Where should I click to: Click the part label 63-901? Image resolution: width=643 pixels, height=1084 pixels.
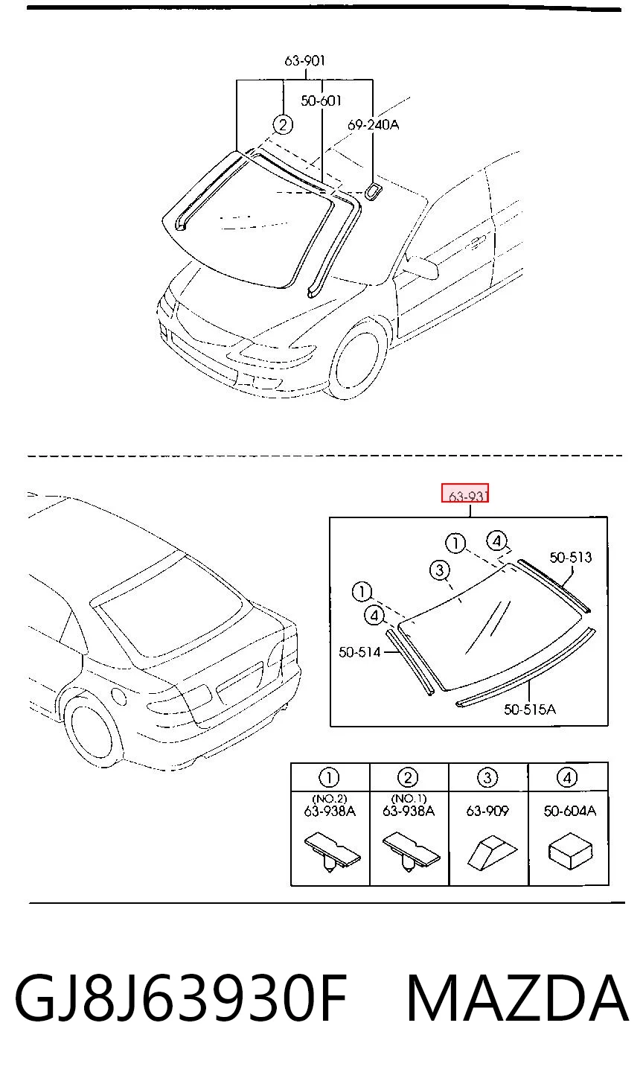pos(305,60)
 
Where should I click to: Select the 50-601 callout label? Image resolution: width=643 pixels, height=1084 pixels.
pos(321,101)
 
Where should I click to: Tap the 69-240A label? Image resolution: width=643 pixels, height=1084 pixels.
pos(373,125)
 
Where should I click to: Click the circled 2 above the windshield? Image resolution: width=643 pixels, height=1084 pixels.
pos(283,125)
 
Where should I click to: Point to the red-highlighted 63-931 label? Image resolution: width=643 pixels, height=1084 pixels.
pos(465,494)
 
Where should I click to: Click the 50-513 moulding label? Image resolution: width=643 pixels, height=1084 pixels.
pos(570,558)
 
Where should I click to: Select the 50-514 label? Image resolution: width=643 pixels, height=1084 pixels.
pos(359,652)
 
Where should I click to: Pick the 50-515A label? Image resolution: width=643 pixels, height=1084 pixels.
pos(530,710)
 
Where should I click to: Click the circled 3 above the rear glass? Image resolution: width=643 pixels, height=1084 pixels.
pos(439,570)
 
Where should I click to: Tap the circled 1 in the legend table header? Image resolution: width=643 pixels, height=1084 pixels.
pos(329,778)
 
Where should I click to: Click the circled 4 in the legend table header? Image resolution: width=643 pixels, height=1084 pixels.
pos(568,778)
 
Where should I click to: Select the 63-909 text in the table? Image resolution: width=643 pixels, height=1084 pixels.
pos(487,811)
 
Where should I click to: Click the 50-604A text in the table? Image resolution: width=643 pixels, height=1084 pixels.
pos(569,811)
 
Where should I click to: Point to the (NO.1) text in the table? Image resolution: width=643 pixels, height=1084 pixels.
pos(409,798)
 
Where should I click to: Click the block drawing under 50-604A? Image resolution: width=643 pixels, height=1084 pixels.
pos(570,851)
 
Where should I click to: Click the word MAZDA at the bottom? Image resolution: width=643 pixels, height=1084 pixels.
pos(517,998)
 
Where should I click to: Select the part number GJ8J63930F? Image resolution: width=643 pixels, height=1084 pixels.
pos(181,998)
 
